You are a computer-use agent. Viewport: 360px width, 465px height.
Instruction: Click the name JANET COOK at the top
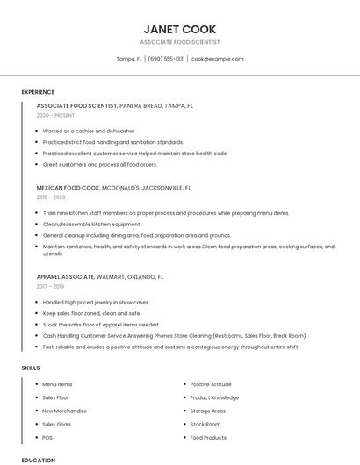179,29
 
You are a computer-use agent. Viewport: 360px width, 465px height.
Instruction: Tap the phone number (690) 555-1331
166,59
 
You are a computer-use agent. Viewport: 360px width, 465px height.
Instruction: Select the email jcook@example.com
216,59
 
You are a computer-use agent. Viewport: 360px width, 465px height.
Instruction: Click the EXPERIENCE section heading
38,92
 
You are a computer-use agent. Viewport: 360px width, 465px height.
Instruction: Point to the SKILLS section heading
31,368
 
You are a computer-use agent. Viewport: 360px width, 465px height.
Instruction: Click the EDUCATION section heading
38,460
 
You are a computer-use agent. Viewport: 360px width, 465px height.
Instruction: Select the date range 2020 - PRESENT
56,115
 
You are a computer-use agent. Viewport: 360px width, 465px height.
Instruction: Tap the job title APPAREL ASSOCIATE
65,276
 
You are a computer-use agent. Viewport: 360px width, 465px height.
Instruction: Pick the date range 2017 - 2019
50,286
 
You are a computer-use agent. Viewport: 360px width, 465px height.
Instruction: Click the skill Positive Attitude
211,384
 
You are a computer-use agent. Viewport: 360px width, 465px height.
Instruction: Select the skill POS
47,437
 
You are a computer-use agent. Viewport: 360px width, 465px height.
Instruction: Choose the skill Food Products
208,437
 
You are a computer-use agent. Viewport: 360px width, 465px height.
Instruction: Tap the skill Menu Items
57,384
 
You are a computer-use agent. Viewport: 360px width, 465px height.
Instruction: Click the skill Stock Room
205,424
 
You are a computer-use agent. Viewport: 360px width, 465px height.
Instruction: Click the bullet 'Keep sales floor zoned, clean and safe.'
91,313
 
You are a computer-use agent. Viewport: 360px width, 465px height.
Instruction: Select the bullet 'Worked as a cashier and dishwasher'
89,131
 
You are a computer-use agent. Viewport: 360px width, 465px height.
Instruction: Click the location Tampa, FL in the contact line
128,59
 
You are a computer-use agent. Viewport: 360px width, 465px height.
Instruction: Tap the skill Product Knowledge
214,397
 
